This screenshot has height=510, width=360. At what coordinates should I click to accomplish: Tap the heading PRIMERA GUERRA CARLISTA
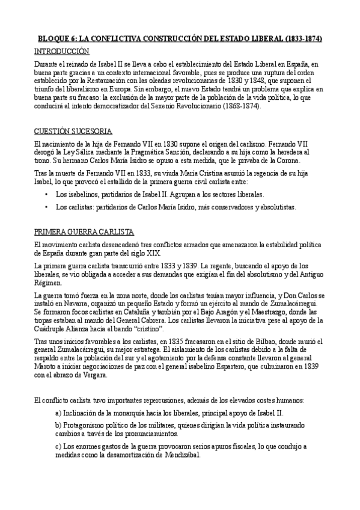point(84,232)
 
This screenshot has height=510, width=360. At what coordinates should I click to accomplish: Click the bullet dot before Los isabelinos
point(47,195)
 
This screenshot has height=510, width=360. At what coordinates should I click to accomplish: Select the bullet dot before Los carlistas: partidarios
point(47,207)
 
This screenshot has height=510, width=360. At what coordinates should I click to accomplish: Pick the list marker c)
point(58,446)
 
